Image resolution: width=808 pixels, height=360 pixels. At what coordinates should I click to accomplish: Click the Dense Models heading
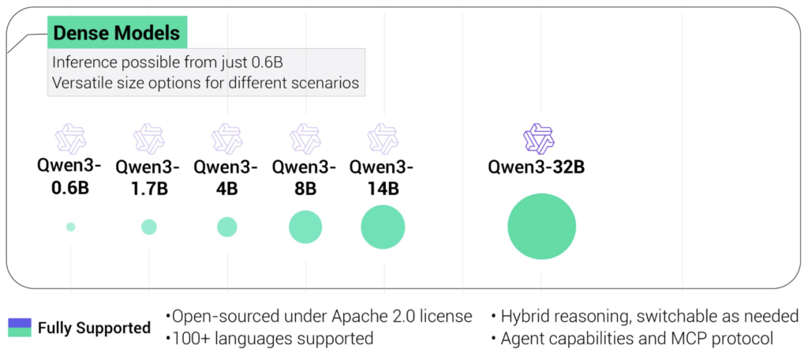point(117,33)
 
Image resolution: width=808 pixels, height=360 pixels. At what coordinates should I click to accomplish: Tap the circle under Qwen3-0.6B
point(70,227)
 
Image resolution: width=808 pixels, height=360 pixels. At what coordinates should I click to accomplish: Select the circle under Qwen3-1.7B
point(149,227)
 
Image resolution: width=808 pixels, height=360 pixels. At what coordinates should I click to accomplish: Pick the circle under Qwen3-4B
point(226,227)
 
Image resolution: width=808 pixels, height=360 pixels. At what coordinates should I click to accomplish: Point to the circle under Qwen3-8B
point(305,227)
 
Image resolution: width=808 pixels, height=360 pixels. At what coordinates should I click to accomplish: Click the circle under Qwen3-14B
point(383,227)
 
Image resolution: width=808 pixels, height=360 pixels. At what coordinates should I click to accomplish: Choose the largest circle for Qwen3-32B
point(541,227)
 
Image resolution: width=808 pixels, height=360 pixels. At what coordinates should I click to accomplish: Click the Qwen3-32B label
point(537,167)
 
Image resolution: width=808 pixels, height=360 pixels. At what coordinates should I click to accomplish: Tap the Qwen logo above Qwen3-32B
point(538,139)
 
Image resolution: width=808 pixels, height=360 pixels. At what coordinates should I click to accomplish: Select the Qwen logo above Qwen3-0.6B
point(70,139)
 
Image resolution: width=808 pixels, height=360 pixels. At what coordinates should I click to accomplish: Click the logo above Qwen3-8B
point(305,139)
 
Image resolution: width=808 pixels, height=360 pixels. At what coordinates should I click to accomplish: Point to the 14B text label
point(382,189)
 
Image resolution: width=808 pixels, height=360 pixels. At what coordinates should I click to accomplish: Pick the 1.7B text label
point(149,189)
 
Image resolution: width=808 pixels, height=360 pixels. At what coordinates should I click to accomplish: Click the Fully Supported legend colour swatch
point(20,328)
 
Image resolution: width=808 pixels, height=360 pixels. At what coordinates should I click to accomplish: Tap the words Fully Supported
point(95,328)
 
